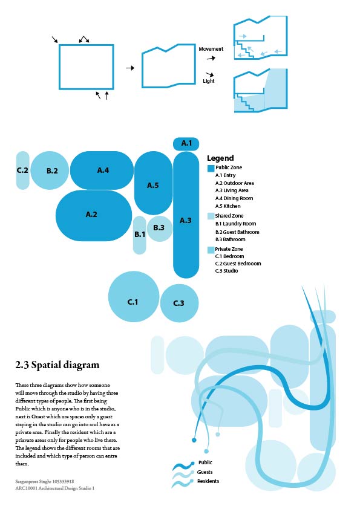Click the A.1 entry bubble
[186, 144]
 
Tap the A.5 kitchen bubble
[153, 184]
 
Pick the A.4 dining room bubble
[102, 170]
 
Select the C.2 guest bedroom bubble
[22, 170]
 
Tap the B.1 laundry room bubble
[139, 235]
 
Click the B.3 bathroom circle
[159, 229]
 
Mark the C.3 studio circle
[179, 303]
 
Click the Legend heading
[220, 158]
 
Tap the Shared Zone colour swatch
[211, 216]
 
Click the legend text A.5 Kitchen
[227, 206]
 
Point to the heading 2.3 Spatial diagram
[57, 365]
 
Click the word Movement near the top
[211, 49]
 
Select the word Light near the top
[208, 81]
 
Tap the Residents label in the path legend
[208, 481]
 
